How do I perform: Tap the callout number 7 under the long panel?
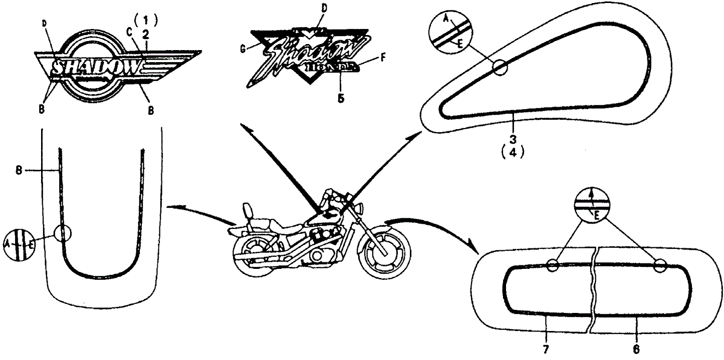coord(546,348)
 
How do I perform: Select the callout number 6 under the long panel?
coord(636,348)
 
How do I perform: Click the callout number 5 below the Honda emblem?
coord(341,99)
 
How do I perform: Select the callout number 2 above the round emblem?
coord(146,34)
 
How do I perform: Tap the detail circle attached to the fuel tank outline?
coord(500,68)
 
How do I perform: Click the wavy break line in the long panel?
coord(593,290)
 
